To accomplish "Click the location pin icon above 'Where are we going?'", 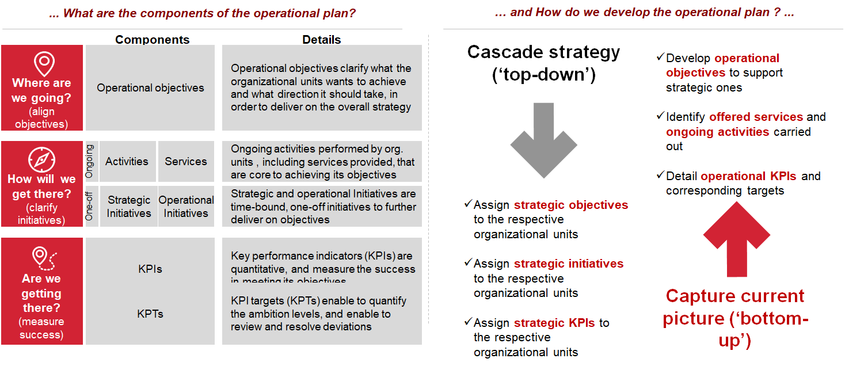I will click(44, 63).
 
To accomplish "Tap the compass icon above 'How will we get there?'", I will click(41, 159).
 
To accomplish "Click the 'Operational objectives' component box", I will click(150, 88).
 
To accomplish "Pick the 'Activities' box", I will click(127, 162).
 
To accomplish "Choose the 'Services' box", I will click(186, 162).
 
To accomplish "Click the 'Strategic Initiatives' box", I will click(128, 207).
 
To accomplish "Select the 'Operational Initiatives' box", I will click(186, 207).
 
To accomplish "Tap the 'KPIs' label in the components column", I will click(150, 269).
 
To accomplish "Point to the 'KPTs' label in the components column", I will click(150, 314).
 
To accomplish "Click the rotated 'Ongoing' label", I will click(90, 162).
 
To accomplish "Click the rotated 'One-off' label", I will click(90, 206).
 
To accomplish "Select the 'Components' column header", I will click(152, 40).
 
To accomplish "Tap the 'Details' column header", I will click(322, 40).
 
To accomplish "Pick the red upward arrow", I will click(736, 239).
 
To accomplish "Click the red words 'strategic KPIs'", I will click(554, 323).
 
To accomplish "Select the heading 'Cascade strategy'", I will click(543, 52).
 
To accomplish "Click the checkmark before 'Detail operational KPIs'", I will click(660, 175).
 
